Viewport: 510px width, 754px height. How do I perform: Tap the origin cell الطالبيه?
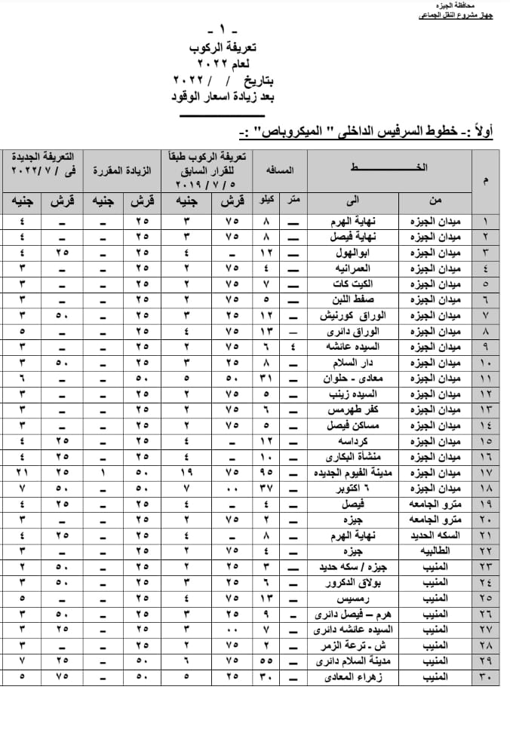433,550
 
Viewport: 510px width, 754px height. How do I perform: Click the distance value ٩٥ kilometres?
266,474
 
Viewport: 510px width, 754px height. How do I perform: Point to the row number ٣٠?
486,677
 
